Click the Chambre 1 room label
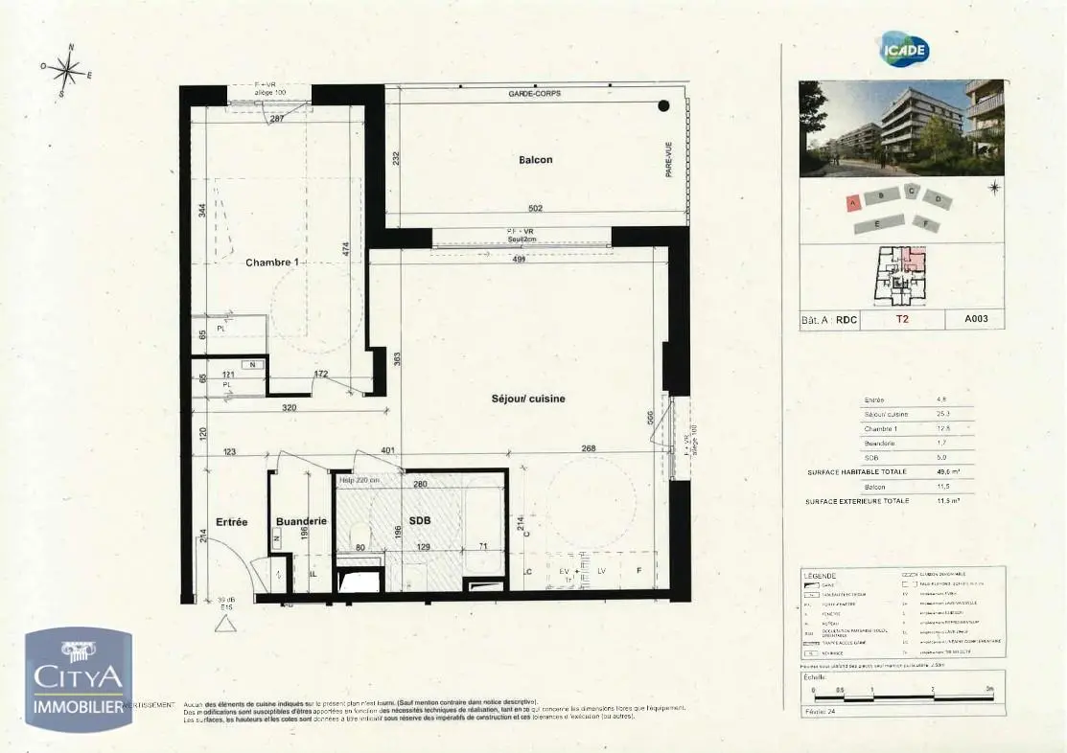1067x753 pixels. (271, 262)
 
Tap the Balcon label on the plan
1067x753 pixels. (535, 160)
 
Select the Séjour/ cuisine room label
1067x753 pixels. (528, 399)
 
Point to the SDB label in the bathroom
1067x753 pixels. (421, 521)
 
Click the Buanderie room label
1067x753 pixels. (301, 521)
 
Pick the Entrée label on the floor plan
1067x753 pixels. (231, 522)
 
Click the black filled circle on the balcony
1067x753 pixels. (663, 106)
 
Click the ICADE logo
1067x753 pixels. (904, 50)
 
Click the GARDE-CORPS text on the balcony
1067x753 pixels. (535, 94)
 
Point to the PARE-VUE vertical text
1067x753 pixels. (669, 159)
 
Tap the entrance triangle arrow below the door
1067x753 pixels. (226, 625)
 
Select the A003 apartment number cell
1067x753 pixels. (976, 321)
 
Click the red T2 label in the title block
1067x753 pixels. (902, 321)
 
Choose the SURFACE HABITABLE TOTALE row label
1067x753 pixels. (856, 471)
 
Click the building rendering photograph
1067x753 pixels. (901, 127)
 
